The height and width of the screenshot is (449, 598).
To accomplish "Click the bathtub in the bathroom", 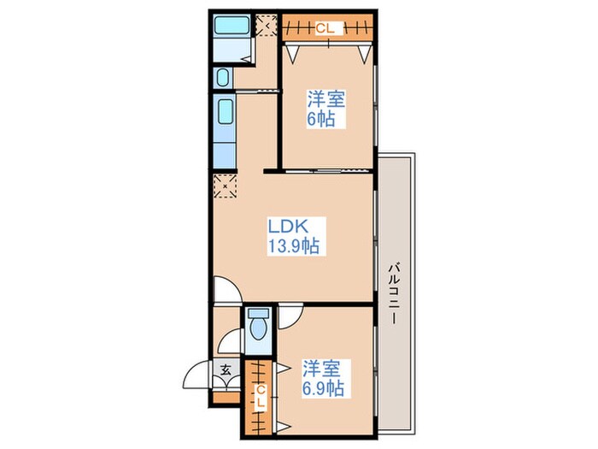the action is (232, 25).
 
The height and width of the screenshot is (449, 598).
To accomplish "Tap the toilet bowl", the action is (258, 324).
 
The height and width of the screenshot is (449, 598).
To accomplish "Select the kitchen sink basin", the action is (225, 112).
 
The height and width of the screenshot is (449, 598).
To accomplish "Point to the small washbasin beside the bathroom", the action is (222, 78).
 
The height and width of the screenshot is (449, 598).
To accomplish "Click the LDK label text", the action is (288, 227).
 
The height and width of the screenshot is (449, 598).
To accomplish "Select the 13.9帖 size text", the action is (293, 245).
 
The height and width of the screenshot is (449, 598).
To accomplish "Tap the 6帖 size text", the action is (321, 119).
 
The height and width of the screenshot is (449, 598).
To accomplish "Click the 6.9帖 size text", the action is (323, 388).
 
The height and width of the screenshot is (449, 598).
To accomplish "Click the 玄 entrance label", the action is (226, 369).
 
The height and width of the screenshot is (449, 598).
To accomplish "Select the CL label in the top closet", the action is (325, 28).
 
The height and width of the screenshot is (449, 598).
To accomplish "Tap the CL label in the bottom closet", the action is (261, 396).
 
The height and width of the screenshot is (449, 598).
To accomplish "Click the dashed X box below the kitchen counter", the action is (225, 186).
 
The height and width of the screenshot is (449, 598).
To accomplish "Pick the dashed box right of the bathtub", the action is (267, 25).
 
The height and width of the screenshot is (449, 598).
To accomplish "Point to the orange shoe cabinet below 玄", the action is (226, 398).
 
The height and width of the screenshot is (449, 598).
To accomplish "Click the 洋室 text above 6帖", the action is (326, 99).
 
